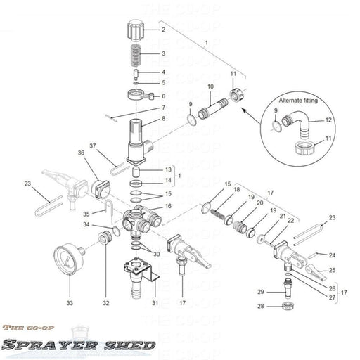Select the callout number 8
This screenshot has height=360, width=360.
click(x=162, y=119)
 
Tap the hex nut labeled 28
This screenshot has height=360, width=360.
click(x=286, y=306)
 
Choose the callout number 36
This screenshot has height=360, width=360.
click(x=81, y=153)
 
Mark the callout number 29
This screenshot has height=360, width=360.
click(x=259, y=291)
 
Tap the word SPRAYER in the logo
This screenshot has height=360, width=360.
click(x=39, y=345)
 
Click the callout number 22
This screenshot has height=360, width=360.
click(x=290, y=221)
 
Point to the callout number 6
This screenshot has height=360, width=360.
click(x=162, y=96)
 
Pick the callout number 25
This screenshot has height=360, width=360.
click(x=333, y=270)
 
